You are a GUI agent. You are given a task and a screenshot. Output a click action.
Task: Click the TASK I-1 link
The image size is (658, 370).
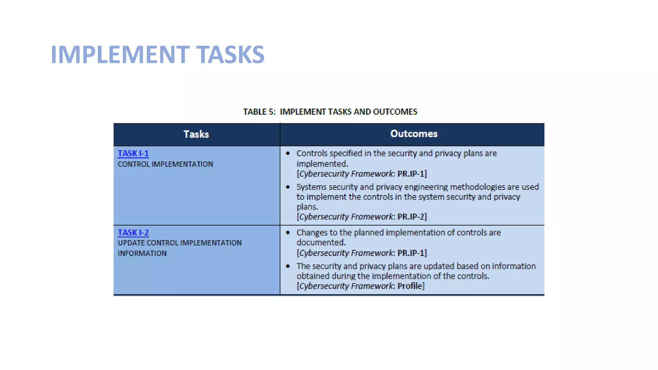click(133, 154)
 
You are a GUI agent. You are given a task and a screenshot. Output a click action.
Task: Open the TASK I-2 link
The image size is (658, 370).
click(133, 233)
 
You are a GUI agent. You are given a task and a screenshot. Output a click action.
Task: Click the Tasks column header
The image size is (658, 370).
click(196, 134)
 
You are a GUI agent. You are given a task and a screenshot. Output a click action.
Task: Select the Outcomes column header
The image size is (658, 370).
click(414, 134)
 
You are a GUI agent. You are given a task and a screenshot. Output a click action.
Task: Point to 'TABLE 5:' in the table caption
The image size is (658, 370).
click(259, 112)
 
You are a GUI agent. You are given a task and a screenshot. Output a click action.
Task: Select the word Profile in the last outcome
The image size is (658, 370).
click(410, 286)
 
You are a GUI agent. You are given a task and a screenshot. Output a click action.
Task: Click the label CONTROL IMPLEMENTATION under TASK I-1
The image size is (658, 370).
click(165, 164)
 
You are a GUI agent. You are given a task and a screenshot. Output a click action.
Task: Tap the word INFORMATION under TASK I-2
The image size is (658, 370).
click(142, 253)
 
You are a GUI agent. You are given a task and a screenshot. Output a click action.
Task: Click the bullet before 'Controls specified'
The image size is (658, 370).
click(288, 154)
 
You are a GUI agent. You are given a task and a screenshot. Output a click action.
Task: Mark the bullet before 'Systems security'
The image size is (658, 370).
click(288, 187)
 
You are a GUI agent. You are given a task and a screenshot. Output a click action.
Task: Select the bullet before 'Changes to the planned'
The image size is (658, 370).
click(288, 233)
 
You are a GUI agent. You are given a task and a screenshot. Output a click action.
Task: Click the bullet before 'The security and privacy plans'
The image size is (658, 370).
click(288, 266)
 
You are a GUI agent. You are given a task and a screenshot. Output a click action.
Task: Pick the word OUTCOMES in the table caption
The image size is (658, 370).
click(395, 112)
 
